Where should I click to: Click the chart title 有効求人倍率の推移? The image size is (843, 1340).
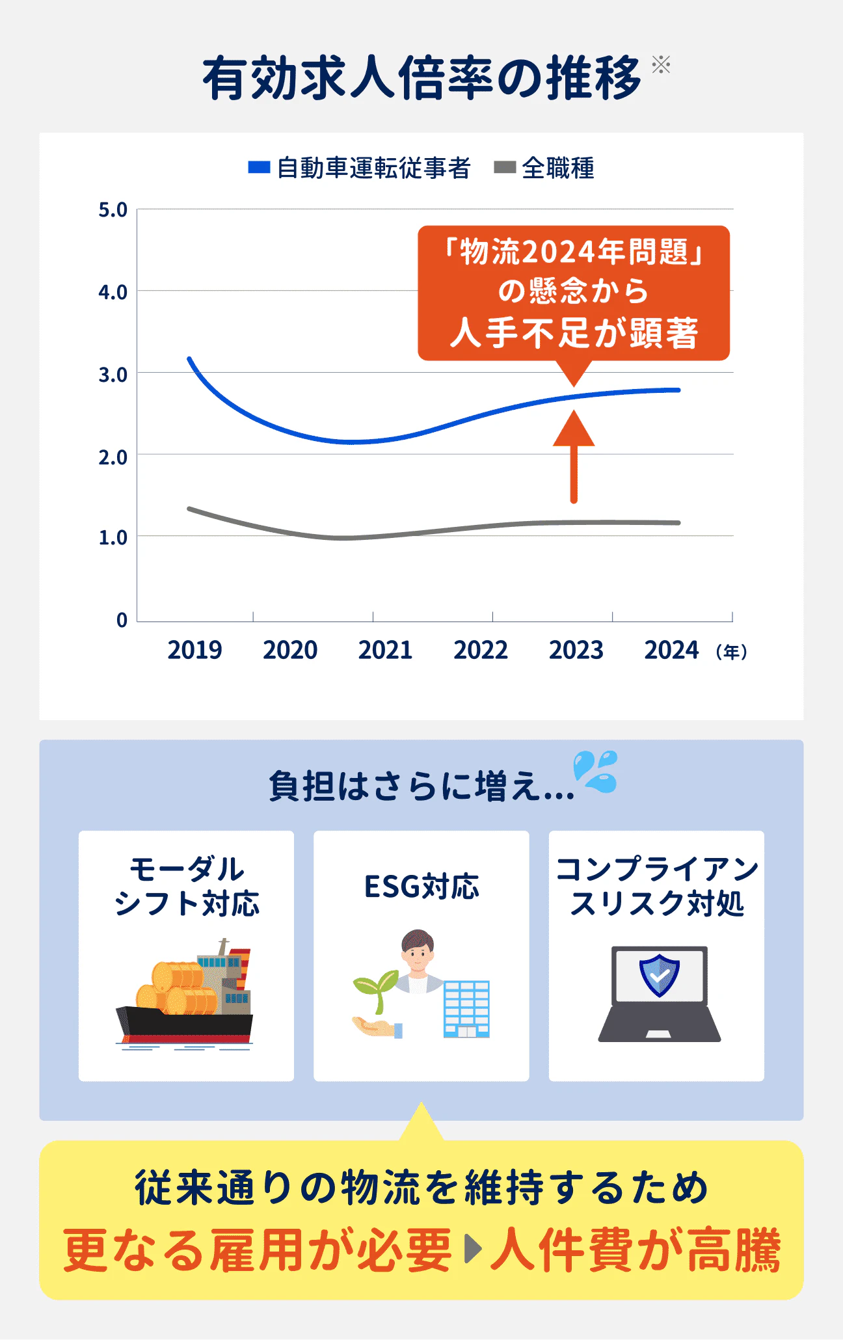pyautogui.click(x=421, y=78)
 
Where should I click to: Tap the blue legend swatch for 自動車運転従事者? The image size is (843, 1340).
pyautogui.click(x=259, y=168)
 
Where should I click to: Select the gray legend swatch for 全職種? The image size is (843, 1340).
pyautogui.click(x=505, y=168)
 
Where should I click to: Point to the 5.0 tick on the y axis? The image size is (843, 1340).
pyautogui.click(x=113, y=210)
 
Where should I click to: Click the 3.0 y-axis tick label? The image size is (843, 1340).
pyautogui.click(x=113, y=375)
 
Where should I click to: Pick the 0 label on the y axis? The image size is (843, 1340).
pyautogui.click(x=122, y=620)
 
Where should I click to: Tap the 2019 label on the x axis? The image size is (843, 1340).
pyautogui.click(x=194, y=650)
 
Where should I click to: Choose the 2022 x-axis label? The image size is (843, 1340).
pyautogui.click(x=481, y=650)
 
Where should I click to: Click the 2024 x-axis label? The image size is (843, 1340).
pyautogui.click(x=671, y=650)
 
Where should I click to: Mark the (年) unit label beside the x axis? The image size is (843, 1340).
pyautogui.click(x=731, y=652)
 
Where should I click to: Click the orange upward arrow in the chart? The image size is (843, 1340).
pyautogui.click(x=574, y=455)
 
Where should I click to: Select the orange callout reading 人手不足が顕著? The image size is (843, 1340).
pyautogui.click(x=574, y=293)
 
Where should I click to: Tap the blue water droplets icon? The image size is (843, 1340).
pyautogui.click(x=595, y=771)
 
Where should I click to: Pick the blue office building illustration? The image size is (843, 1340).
pyautogui.click(x=466, y=1008)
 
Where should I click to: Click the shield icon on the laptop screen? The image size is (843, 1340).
pyautogui.click(x=659, y=975)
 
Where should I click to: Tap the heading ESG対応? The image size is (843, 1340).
pyautogui.click(x=421, y=887)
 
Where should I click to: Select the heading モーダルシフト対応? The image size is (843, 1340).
pyautogui.click(x=187, y=886)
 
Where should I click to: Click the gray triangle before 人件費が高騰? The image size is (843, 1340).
pyautogui.click(x=473, y=1249)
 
